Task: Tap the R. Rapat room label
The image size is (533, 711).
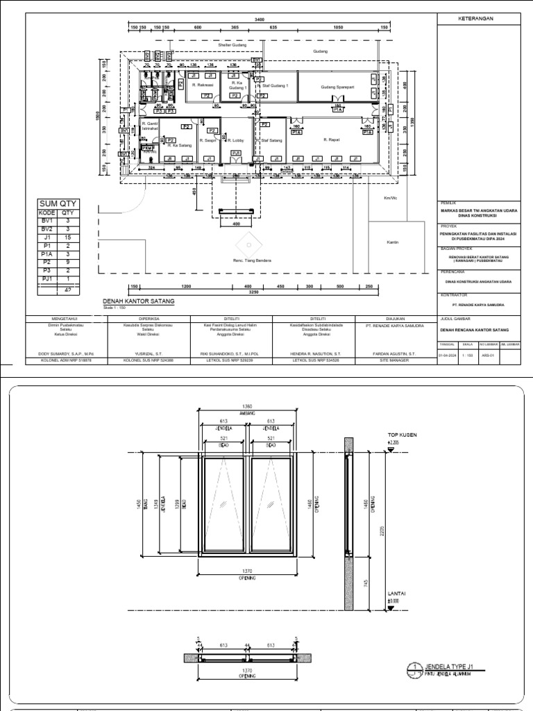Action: point(331,140)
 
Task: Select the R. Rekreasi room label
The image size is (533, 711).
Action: point(202,85)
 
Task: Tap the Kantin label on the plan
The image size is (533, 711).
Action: point(394,243)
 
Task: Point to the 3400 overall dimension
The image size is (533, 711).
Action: point(259,19)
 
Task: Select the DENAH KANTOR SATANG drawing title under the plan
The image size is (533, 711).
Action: point(138,301)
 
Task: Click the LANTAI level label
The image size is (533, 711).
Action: point(396,594)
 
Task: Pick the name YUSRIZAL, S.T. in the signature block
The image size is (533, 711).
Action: point(149,353)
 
